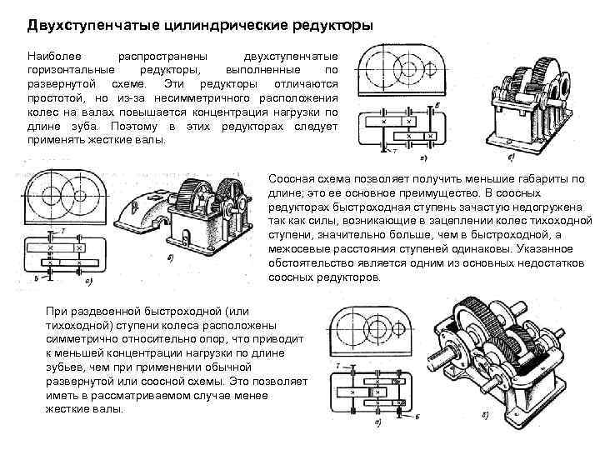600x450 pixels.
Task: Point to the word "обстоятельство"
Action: [x=312, y=262]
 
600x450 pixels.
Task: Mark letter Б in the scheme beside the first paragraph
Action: [x=437, y=104]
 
